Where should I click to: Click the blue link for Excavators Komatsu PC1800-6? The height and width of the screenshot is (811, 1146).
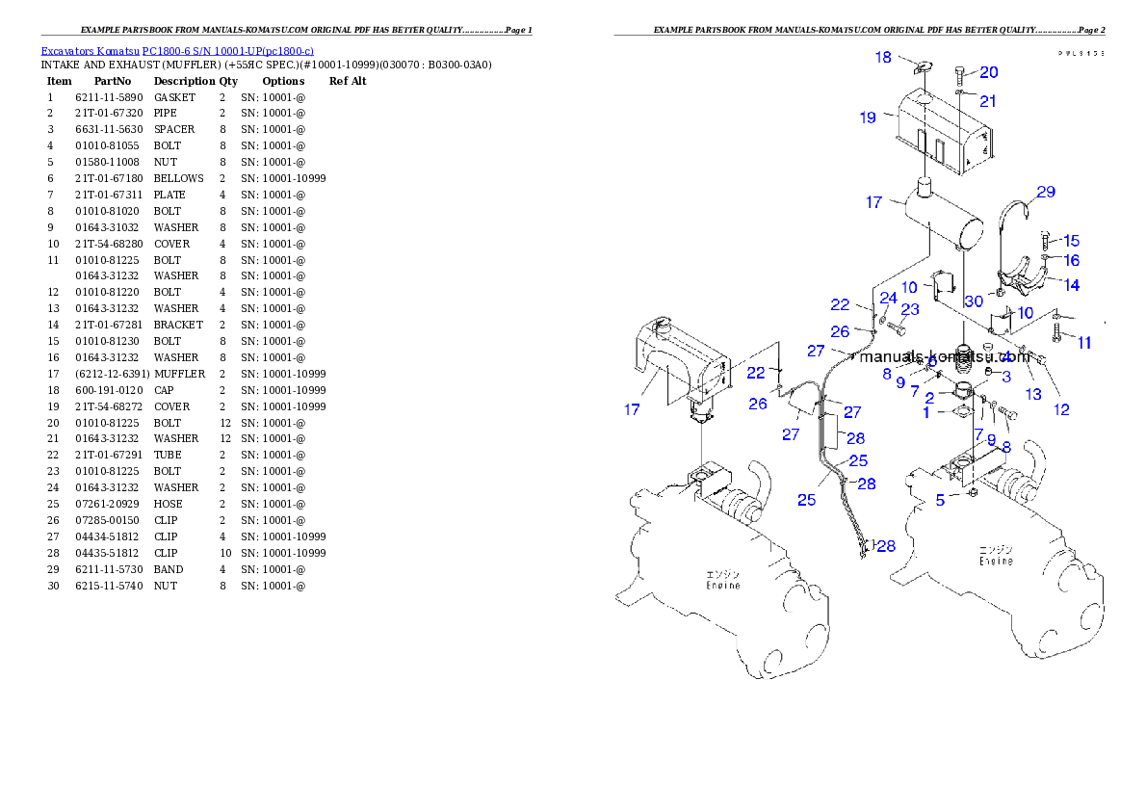[176, 51]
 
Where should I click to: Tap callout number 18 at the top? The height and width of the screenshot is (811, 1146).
[883, 58]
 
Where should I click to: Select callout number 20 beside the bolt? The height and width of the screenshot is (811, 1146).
[989, 72]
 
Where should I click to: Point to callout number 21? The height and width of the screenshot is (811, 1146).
[988, 101]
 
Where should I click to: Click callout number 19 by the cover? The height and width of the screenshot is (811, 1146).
[868, 118]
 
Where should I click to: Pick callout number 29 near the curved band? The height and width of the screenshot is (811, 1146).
[1045, 192]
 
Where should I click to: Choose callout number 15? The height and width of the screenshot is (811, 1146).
[1071, 241]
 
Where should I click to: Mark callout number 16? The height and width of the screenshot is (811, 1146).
[1071, 260]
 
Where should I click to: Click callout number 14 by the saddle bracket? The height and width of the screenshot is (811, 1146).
[1071, 285]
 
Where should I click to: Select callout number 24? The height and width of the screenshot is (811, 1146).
[888, 298]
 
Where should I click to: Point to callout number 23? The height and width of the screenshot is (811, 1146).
[910, 309]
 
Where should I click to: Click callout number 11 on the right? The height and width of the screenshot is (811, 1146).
[1084, 342]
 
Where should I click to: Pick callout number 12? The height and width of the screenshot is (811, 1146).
[1061, 409]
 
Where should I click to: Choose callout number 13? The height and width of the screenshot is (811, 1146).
[1033, 393]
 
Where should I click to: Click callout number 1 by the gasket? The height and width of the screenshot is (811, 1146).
[926, 412]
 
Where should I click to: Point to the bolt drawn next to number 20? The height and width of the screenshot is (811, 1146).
[964, 74]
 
